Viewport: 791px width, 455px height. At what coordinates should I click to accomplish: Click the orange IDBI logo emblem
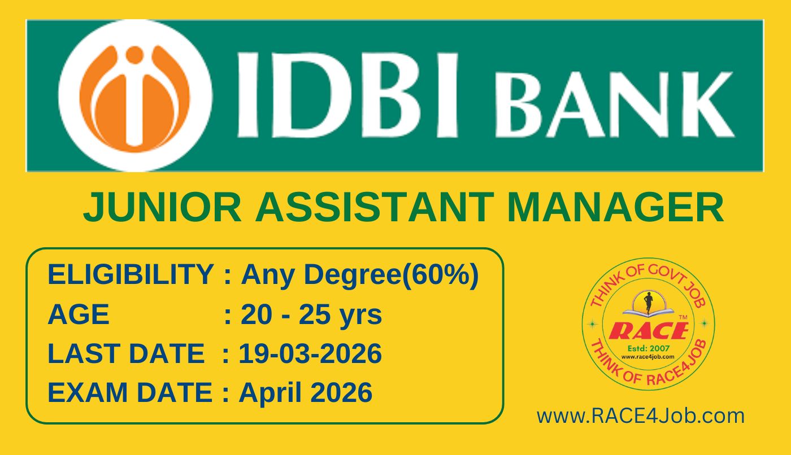[x=134, y=96]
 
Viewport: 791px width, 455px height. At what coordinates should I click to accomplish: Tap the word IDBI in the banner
[x=347, y=95]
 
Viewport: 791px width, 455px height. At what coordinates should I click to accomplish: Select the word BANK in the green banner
[x=615, y=104]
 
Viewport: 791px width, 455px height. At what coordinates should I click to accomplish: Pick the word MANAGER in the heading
[x=615, y=207]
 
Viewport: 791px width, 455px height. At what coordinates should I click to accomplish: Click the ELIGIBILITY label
[x=131, y=274]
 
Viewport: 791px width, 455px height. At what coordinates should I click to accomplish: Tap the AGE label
[x=79, y=314]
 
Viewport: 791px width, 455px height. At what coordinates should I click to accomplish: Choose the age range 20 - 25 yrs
[x=311, y=314]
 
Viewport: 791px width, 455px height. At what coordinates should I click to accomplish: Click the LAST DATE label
[x=126, y=353]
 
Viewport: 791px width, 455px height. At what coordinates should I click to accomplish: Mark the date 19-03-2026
[x=310, y=353]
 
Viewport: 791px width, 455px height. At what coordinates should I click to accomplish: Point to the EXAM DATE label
[x=129, y=392]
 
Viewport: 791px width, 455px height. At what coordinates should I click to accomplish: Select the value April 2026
[x=306, y=393]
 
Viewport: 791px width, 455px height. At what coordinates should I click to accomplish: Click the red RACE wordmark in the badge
[x=649, y=331]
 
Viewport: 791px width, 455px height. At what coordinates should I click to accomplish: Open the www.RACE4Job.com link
[x=641, y=416]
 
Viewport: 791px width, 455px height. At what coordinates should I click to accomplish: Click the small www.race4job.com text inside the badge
[x=647, y=357]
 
